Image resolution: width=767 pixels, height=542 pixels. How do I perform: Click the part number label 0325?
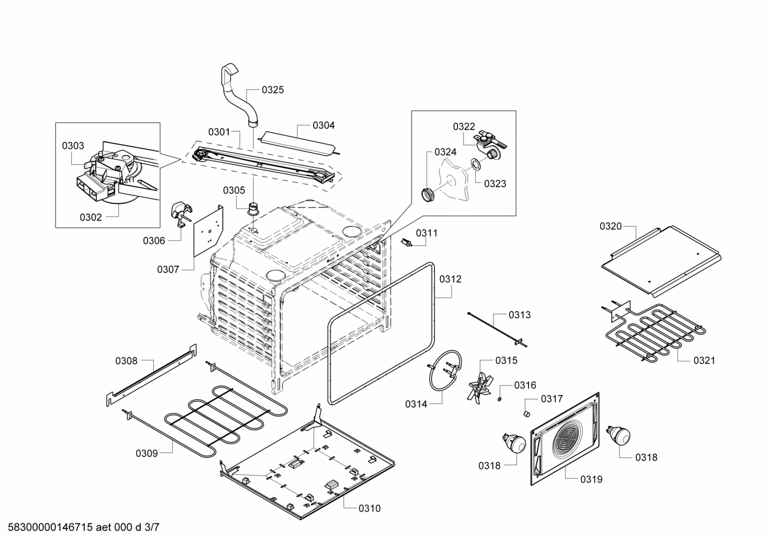pyautogui.click(x=272, y=90)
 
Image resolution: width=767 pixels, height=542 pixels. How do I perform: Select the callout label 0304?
pyautogui.click(x=323, y=126)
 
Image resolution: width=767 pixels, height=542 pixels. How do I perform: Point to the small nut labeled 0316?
pyautogui.click(x=500, y=398)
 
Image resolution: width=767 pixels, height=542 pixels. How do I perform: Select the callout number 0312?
pyautogui.click(x=450, y=279)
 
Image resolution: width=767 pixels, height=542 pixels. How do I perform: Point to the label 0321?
pyautogui.click(x=704, y=361)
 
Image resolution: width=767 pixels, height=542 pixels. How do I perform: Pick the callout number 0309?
pyautogui.click(x=146, y=453)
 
